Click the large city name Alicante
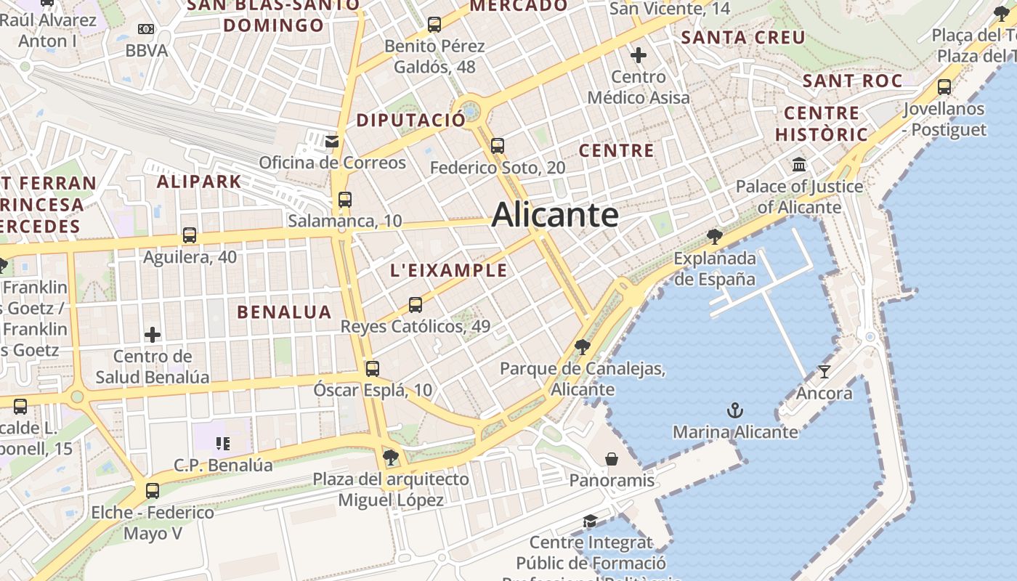(x=555, y=215)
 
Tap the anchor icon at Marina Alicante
(x=735, y=411)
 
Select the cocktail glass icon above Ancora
(x=824, y=372)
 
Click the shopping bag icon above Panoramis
(x=612, y=459)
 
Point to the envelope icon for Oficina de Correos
(x=332, y=141)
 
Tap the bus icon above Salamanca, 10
(x=345, y=200)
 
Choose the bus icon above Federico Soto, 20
(x=498, y=146)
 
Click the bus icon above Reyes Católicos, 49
(x=416, y=305)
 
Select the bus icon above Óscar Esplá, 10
(x=373, y=369)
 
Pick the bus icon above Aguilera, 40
(x=190, y=235)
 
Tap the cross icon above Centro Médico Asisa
(x=639, y=55)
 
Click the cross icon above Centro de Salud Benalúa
(x=153, y=335)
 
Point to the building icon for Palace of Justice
(x=800, y=165)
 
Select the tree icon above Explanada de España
(x=715, y=236)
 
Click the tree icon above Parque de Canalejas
(x=582, y=346)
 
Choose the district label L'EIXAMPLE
(x=449, y=271)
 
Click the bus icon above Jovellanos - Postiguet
(x=944, y=87)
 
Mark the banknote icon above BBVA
(x=146, y=29)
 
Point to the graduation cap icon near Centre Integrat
(x=590, y=521)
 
